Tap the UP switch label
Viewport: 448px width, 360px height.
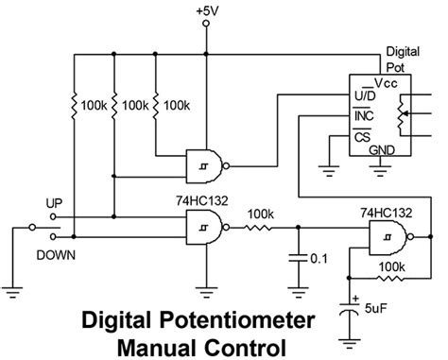(x=54, y=203)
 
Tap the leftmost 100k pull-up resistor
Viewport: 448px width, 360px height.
(x=74, y=101)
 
